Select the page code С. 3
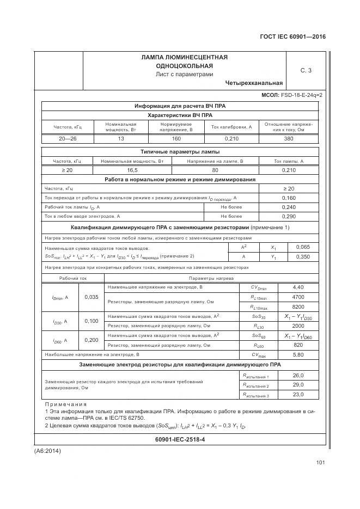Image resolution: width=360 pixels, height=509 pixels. [x=306, y=70]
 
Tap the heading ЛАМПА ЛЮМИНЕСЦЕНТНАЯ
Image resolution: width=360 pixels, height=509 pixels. [x=184, y=57]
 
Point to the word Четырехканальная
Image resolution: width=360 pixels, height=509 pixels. [x=254, y=83]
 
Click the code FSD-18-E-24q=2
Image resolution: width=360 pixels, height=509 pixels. [x=302, y=95]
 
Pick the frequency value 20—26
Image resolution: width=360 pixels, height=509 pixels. [x=67, y=139]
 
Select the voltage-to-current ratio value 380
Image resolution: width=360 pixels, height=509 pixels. [x=288, y=139]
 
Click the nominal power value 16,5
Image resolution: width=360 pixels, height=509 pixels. [x=132, y=170]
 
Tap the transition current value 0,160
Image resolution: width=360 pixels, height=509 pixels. [x=288, y=198]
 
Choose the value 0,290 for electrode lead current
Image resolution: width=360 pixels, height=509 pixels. [x=288, y=216]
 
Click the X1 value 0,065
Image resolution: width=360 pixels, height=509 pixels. [x=302, y=247]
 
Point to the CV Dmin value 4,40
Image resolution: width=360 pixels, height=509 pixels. [x=298, y=287]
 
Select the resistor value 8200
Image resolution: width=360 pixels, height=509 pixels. [x=298, y=306]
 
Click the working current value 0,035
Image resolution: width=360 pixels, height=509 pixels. [x=91, y=297]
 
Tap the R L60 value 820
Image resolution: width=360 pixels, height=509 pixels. [x=298, y=345]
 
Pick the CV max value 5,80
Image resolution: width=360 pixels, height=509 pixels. [x=298, y=354]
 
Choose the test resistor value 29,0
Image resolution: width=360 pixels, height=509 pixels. [x=298, y=385]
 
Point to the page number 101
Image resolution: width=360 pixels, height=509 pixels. [x=320, y=463]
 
